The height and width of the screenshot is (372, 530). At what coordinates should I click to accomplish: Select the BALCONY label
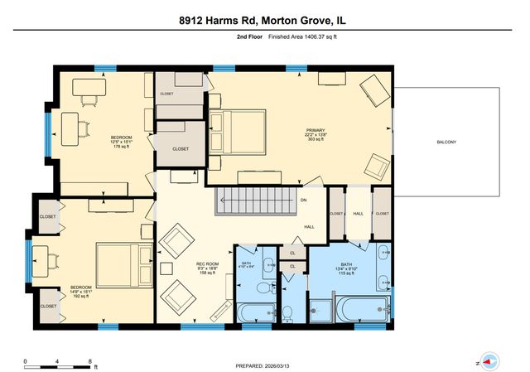click(x=446, y=143)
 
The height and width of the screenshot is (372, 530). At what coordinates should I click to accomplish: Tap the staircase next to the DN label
click(x=254, y=200)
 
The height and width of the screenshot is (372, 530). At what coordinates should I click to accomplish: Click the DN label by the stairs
click(x=304, y=200)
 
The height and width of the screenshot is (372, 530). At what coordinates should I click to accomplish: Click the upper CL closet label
click(x=292, y=253)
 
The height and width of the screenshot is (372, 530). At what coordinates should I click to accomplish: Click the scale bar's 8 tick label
click(x=89, y=361)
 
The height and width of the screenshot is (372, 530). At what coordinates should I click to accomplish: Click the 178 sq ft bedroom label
click(x=122, y=143)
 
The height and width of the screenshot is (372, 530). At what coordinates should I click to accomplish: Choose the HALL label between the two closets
click(x=359, y=214)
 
